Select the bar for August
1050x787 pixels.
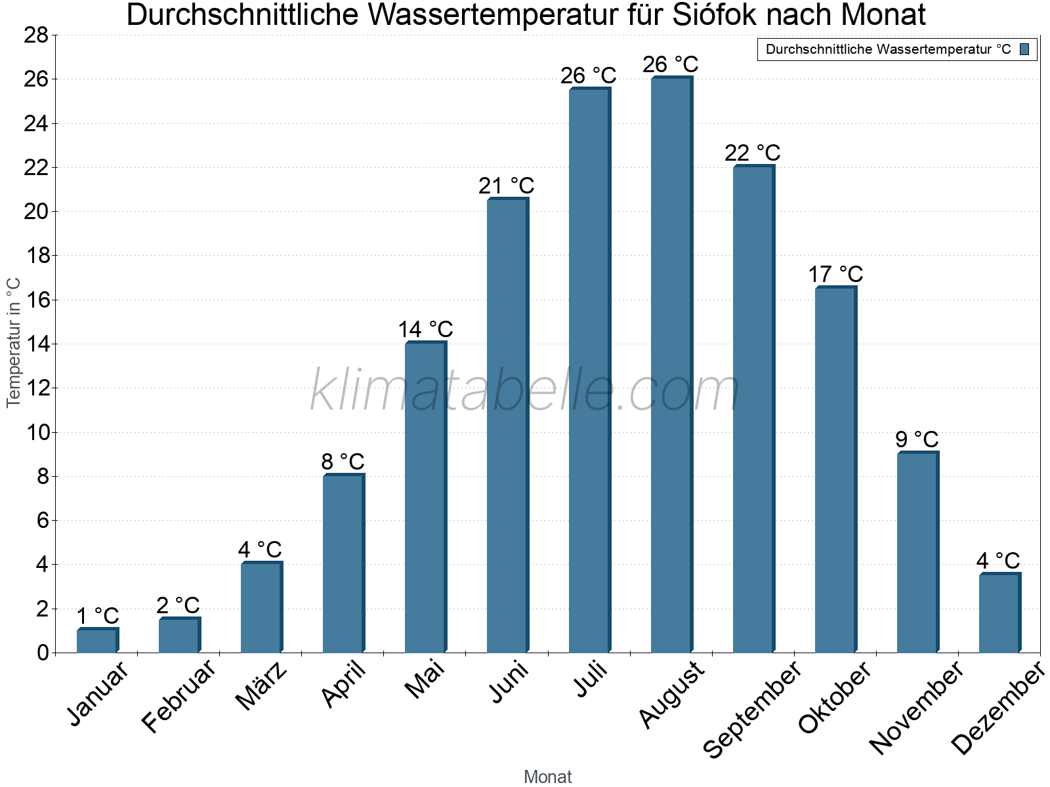(x=671, y=365)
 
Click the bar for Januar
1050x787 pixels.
(x=96, y=641)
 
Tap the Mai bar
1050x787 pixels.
(x=425, y=497)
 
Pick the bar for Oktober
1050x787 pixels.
(x=835, y=470)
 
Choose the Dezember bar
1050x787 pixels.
(x=999, y=613)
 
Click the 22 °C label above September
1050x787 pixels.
(x=752, y=153)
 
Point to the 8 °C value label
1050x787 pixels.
(x=343, y=462)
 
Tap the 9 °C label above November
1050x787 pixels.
(x=917, y=439)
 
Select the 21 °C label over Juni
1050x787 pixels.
(x=506, y=186)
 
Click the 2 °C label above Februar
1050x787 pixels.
(x=178, y=605)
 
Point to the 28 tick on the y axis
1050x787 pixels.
(x=36, y=35)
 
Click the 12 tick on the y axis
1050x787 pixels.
(x=36, y=388)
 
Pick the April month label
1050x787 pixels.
(x=343, y=685)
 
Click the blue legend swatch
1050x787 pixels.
(x=1024, y=49)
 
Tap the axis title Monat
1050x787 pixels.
(x=547, y=777)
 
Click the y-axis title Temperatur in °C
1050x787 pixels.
(x=14, y=342)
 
